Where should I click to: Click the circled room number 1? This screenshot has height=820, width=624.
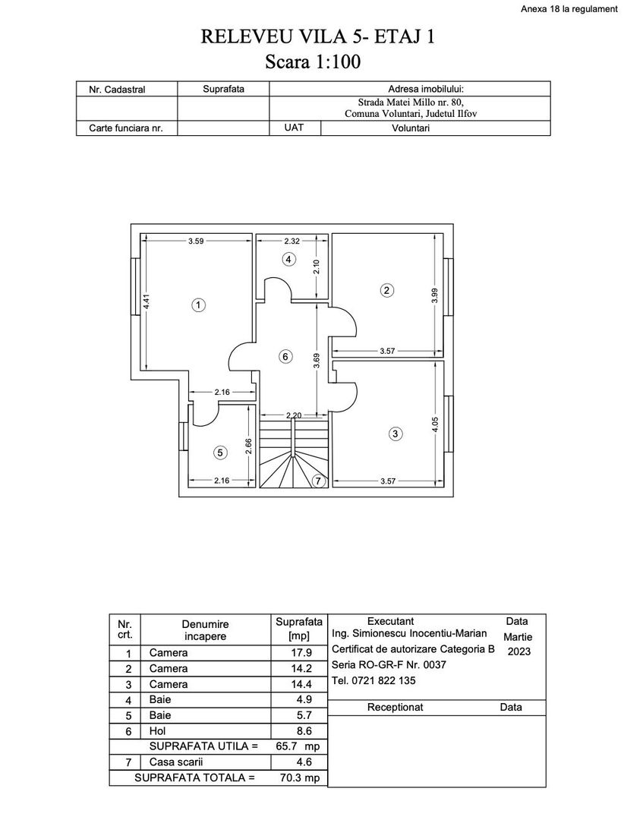point(197,305)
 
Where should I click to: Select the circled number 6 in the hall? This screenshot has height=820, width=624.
point(285,356)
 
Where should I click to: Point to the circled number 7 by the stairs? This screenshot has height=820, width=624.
point(317,481)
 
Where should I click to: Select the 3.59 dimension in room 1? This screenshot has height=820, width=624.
point(196,241)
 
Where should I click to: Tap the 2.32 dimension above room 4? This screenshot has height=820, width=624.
point(292,241)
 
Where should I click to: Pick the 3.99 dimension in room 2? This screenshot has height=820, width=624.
point(434,295)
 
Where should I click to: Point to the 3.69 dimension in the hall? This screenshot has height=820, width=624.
point(317,361)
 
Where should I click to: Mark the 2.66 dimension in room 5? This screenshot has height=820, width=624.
point(248,446)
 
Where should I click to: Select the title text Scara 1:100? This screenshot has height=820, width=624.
point(311,62)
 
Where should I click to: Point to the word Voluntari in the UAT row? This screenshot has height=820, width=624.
point(410,128)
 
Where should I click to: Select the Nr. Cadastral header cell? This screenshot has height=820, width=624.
point(117,90)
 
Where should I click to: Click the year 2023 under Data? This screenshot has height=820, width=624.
point(519,651)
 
